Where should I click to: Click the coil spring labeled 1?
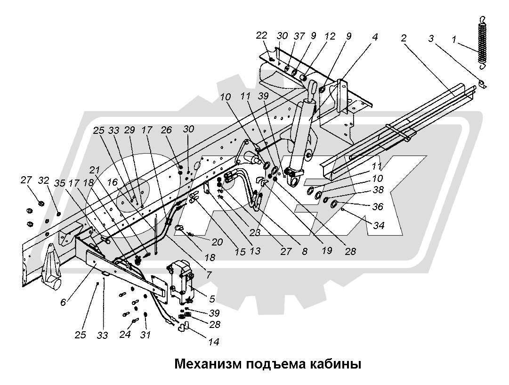pyautogui.click(x=481, y=42)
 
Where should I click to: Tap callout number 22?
pyautogui.click(x=262, y=35)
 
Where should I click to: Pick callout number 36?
pyautogui.click(x=378, y=206)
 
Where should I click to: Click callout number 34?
pyautogui.click(x=378, y=226)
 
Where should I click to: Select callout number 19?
pyautogui.click(x=324, y=252)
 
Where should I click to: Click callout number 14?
pyautogui.click(x=213, y=342)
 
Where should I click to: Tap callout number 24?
pyautogui.click(x=124, y=335)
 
